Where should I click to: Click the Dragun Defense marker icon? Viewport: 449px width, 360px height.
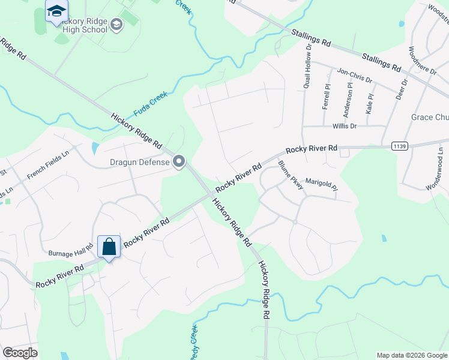point(178,161)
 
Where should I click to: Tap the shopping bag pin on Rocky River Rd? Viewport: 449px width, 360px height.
point(109,247)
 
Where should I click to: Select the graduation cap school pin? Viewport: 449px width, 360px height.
point(56,11)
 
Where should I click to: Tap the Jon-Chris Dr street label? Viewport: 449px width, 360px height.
point(354,75)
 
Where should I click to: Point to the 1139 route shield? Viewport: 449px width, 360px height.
point(399,146)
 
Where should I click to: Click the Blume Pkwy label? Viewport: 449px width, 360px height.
point(291,175)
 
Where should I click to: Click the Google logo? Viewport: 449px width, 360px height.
point(20,353)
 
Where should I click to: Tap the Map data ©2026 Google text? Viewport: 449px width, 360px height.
point(411,355)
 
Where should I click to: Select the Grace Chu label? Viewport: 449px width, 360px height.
point(430,117)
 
